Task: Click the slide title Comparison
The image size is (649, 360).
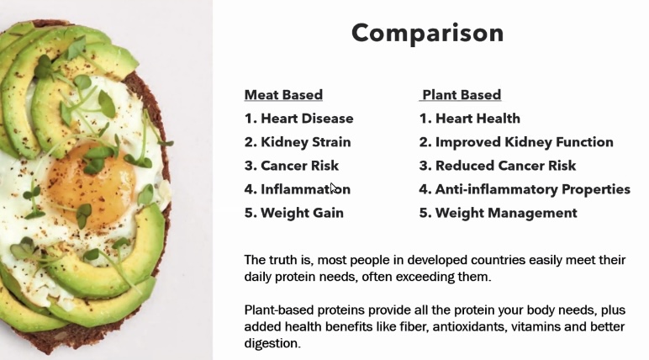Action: [428, 33]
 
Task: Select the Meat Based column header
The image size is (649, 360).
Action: [283, 95]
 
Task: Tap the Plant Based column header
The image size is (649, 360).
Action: [462, 95]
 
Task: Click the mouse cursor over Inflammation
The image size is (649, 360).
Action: [334, 188]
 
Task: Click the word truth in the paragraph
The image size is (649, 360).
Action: [283, 260]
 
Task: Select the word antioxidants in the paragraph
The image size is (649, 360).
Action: [469, 327]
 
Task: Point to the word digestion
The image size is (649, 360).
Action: [272, 344]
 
